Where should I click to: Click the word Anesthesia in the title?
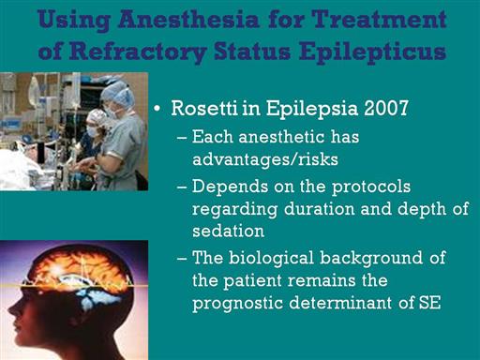pyautogui.click(x=188, y=20)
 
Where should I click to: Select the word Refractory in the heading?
pyautogui.click(x=138, y=52)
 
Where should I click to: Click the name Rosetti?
pyautogui.click(x=204, y=108)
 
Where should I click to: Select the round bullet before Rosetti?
pyautogui.click(x=157, y=109)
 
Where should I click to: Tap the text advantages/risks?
pyautogui.click(x=265, y=159)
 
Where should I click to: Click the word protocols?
pyautogui.click(x=371, y=187)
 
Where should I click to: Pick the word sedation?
pyautogui.click(x=228, y=231)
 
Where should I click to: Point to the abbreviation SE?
pyautogui.click(x=429, y=303)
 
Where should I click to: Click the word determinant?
pyautogui.click(x=340, y=303)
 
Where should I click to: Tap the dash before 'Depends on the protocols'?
pyautogui.click(x=182, y=187)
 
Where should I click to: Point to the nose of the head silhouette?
pyautogui.click(x=11, y=309)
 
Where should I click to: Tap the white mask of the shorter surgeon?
pyautogui.click(x=92, y=130)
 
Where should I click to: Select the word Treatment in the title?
pyautogui.click(x=379, y=20)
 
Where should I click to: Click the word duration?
pyautogui.click(x=319, y=208)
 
